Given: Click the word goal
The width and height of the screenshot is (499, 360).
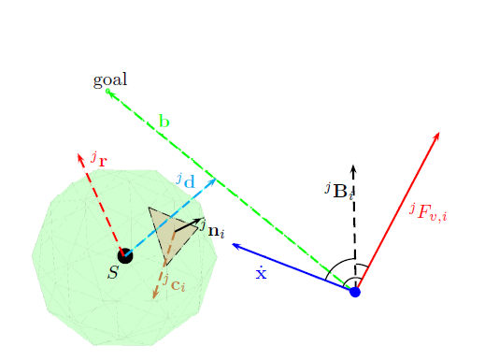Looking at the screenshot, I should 110,80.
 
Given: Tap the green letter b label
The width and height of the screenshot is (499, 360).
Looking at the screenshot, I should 164,121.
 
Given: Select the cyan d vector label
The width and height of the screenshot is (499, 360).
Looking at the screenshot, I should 185,180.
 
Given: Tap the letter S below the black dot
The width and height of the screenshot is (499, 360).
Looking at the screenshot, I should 113,272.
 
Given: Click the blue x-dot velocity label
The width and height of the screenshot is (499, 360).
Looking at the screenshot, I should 262,273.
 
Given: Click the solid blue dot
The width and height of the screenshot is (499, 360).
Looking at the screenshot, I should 354,293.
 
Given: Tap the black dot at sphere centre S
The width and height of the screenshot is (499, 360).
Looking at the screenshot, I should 124,254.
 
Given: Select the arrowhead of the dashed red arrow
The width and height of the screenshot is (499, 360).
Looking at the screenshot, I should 80,154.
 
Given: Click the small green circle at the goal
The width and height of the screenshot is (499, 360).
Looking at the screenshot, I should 108,91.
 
